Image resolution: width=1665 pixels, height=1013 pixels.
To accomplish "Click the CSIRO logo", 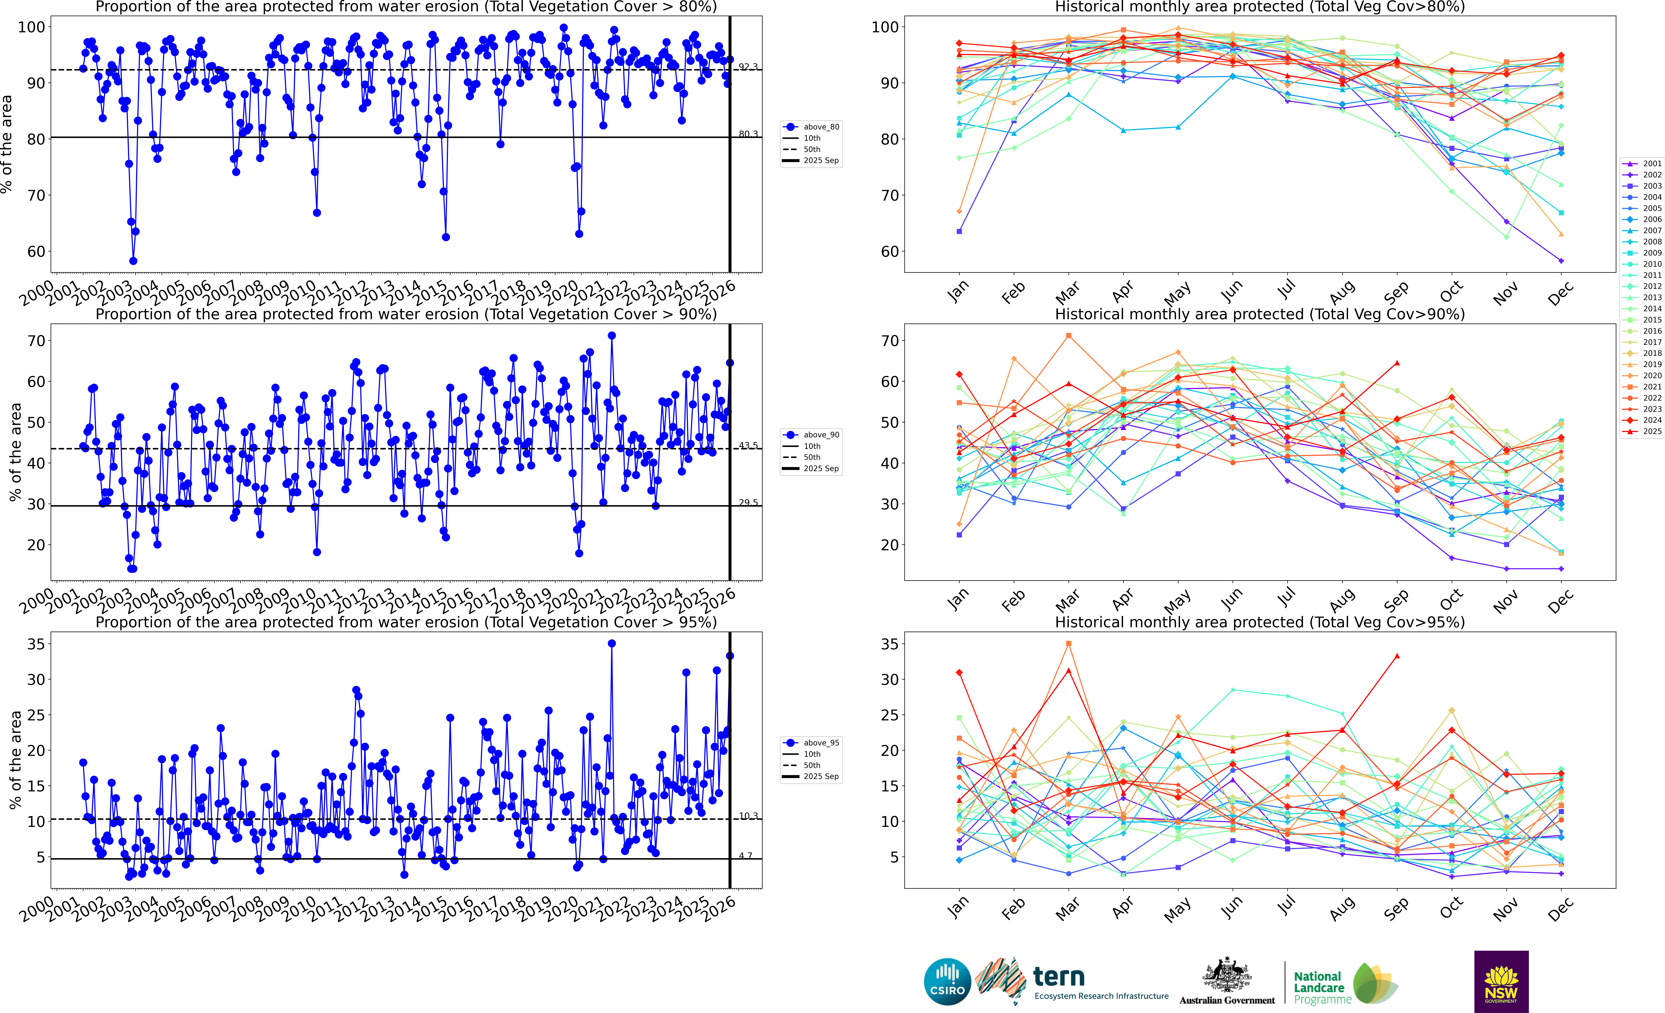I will point(947,981).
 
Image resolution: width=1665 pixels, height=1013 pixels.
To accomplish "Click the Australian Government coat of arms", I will point(1226,976).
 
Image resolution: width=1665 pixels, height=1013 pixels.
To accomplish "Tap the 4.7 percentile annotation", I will point(745,856).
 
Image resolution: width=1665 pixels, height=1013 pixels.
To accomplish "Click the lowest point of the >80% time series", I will point(133,261).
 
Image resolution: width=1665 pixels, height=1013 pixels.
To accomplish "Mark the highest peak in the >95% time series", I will point(612,644).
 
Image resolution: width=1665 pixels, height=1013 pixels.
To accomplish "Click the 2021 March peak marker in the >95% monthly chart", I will point(1068,644).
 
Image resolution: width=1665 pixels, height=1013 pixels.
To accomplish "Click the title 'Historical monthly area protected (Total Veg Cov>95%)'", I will point(1260,622).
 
